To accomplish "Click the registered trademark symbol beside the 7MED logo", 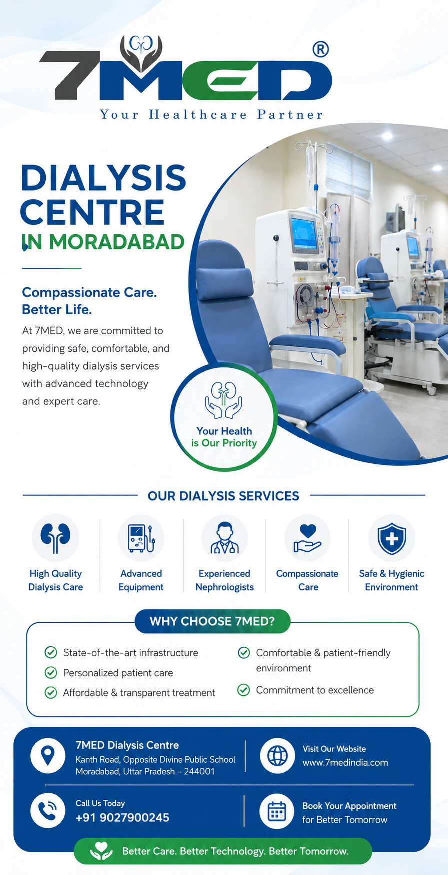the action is click(320, 49).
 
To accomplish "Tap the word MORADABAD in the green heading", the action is click(117, 242).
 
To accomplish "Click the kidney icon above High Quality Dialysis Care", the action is click(55, 538).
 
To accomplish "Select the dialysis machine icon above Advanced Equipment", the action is click(141, 538).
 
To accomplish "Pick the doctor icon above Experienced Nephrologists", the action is click(225, 538).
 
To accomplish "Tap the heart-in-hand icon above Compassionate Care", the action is click(307, 538).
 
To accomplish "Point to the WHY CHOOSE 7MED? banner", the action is click(212, 621).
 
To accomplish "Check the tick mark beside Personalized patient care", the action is click(51, 673).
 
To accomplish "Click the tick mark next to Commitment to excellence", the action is click(243, 690).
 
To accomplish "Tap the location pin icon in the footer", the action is click(48, 755).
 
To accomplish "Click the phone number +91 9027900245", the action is click(122, 818).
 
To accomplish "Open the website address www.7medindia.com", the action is click(345, 763).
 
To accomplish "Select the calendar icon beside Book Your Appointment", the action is click(277, 812).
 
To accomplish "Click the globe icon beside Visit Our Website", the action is click(277, 756).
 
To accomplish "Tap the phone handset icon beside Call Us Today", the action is click(48, 811).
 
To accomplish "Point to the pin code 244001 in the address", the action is click(199, 772).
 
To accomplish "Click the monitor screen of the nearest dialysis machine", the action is click(304, 232).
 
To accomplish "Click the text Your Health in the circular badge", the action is click(224, 431).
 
